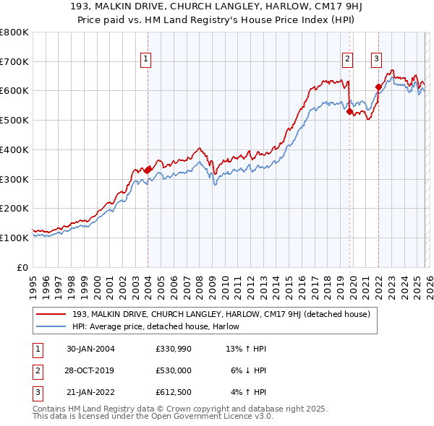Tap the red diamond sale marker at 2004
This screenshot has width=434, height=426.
[148, 170]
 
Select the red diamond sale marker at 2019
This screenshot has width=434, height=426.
[349, 112]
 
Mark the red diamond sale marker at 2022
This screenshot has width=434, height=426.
[378, 87]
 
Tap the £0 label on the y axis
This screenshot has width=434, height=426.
[22, 267]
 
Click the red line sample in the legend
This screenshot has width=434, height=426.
[51, 314]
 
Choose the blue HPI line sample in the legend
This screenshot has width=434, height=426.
[51, 327]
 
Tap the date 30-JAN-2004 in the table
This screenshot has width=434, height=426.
[90, 349]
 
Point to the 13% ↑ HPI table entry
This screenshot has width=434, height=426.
[247, 349]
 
